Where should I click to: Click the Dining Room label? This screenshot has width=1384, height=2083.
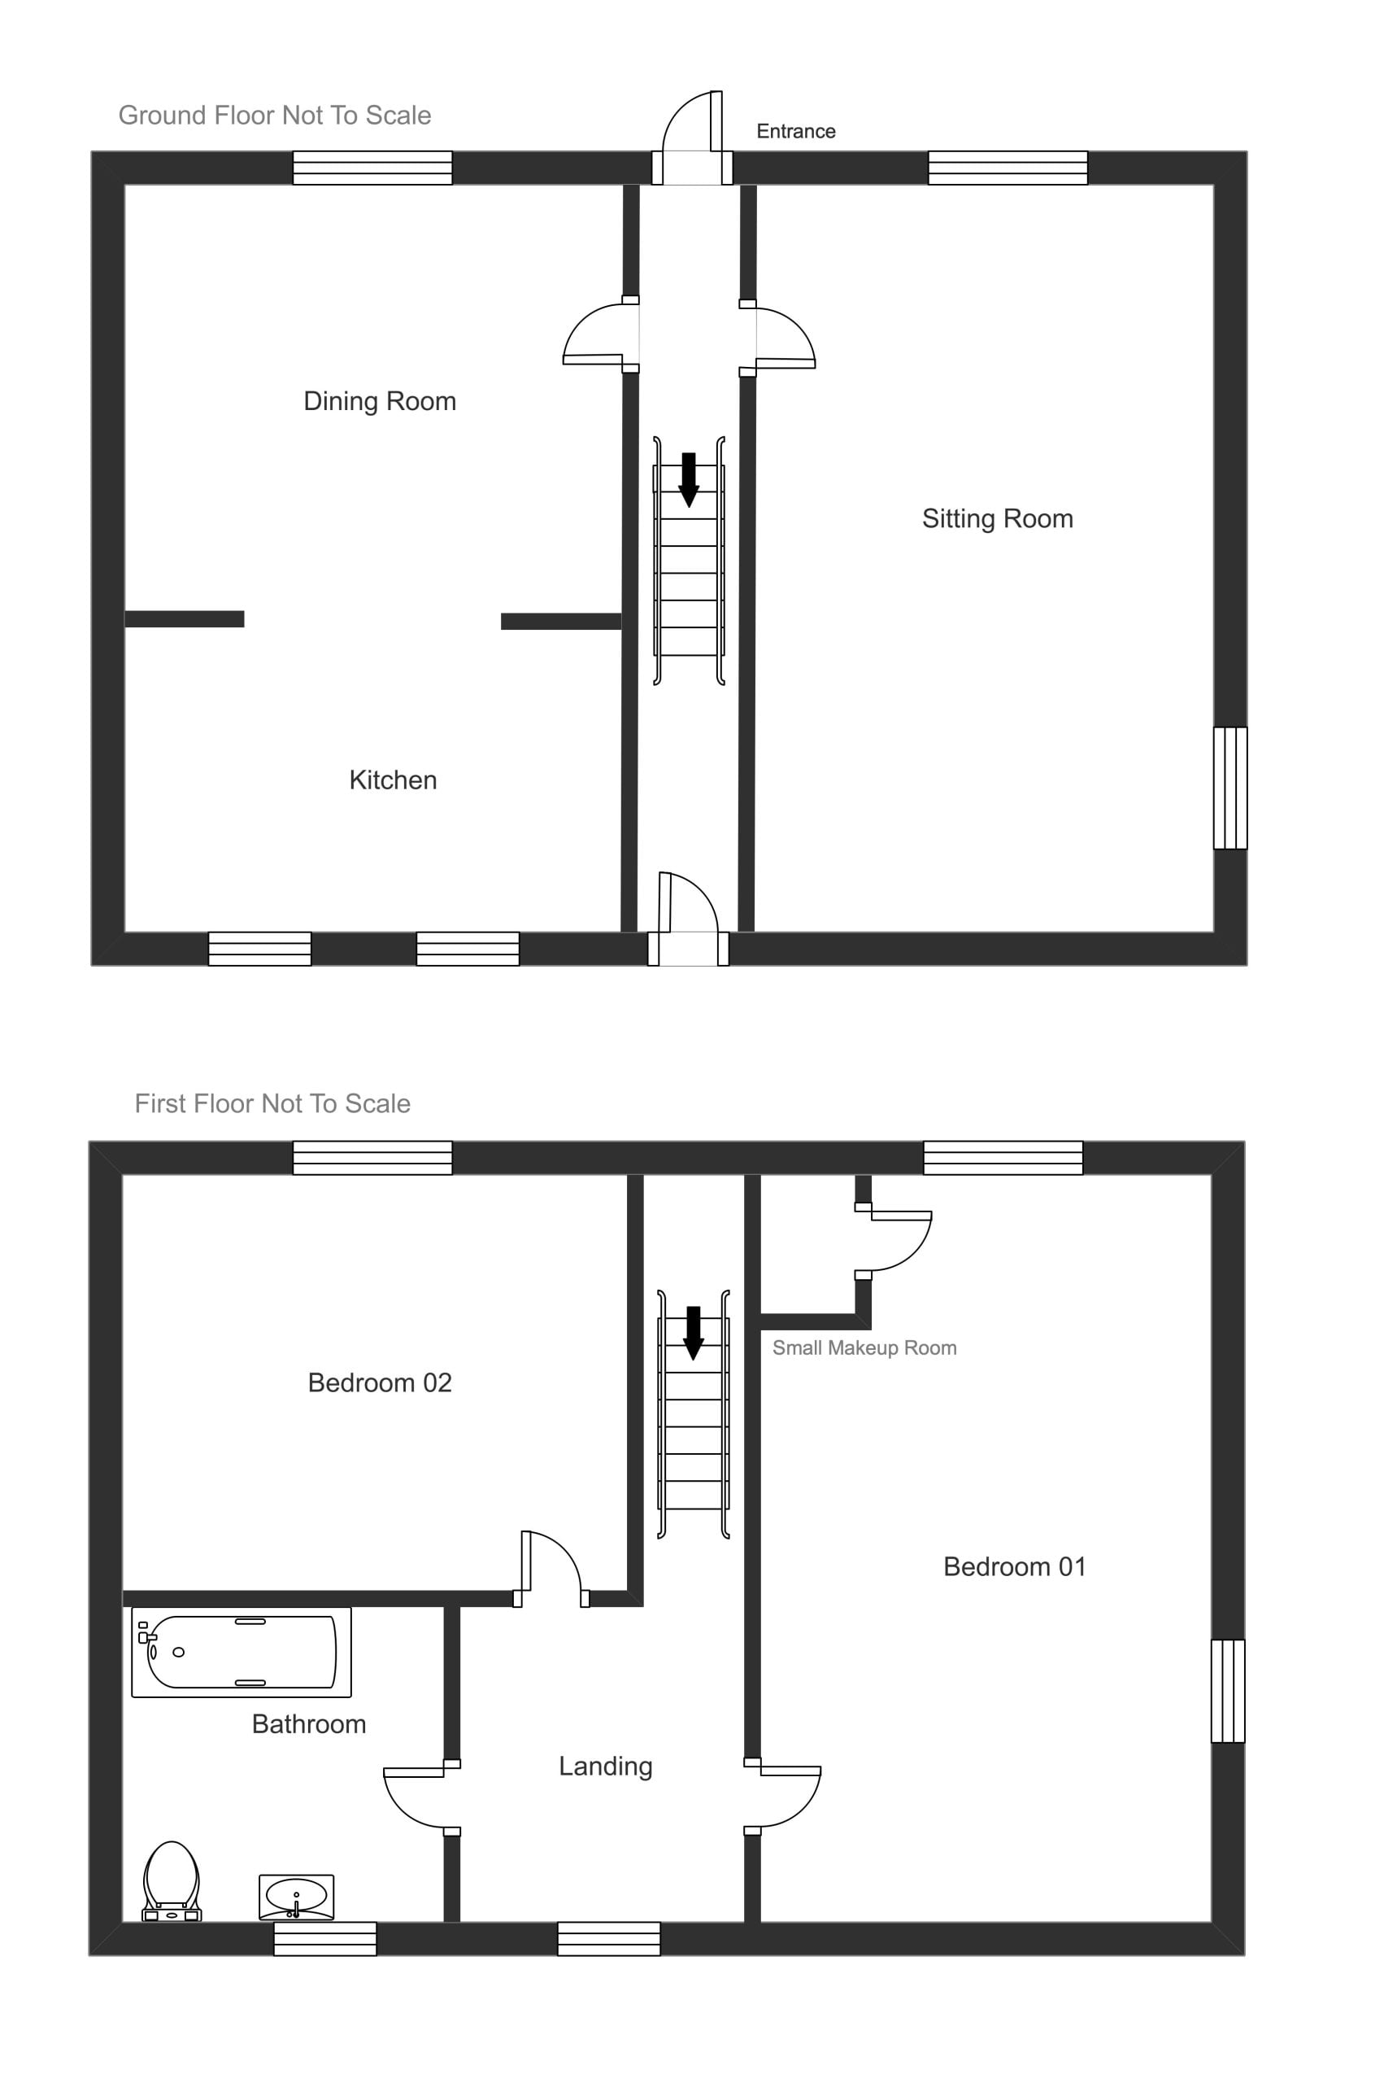pos(380,402)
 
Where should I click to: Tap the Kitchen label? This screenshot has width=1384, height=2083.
pos(393,780)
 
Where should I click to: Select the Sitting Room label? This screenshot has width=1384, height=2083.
pos(998,519)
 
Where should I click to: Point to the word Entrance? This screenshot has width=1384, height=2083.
pos(795,132)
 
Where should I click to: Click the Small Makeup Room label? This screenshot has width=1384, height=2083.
pos(864,1348)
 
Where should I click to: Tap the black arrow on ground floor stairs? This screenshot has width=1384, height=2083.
pos(689,479)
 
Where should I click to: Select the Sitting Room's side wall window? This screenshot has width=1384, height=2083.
pos(1230,788)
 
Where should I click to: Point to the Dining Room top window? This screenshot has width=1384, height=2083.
pos(372,168)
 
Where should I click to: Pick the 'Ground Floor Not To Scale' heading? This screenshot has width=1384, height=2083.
pos(275,116)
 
